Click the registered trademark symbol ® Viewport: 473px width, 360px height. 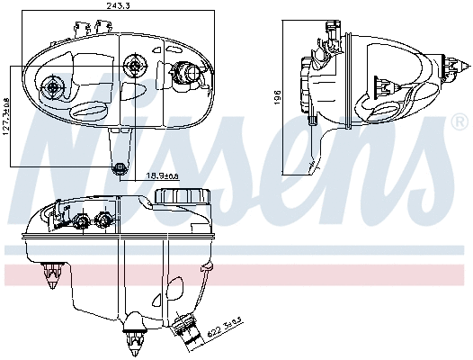coord(460,119)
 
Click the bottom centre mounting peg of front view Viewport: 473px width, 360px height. coord(135,338)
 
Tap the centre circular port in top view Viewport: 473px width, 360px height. coord(136,64)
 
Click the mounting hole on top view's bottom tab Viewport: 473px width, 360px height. coord(120,167)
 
